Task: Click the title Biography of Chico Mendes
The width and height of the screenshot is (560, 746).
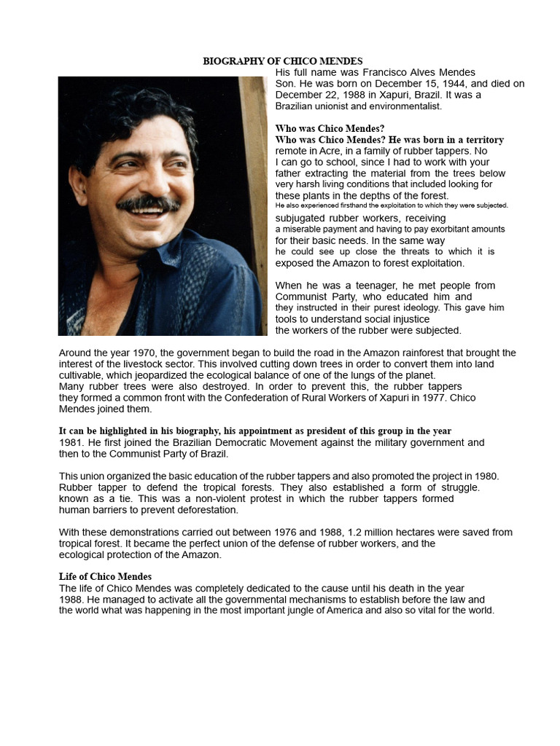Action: [282, 61]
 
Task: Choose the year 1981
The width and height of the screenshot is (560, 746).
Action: [71, 442]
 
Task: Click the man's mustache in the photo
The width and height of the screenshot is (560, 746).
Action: [149, 203]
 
